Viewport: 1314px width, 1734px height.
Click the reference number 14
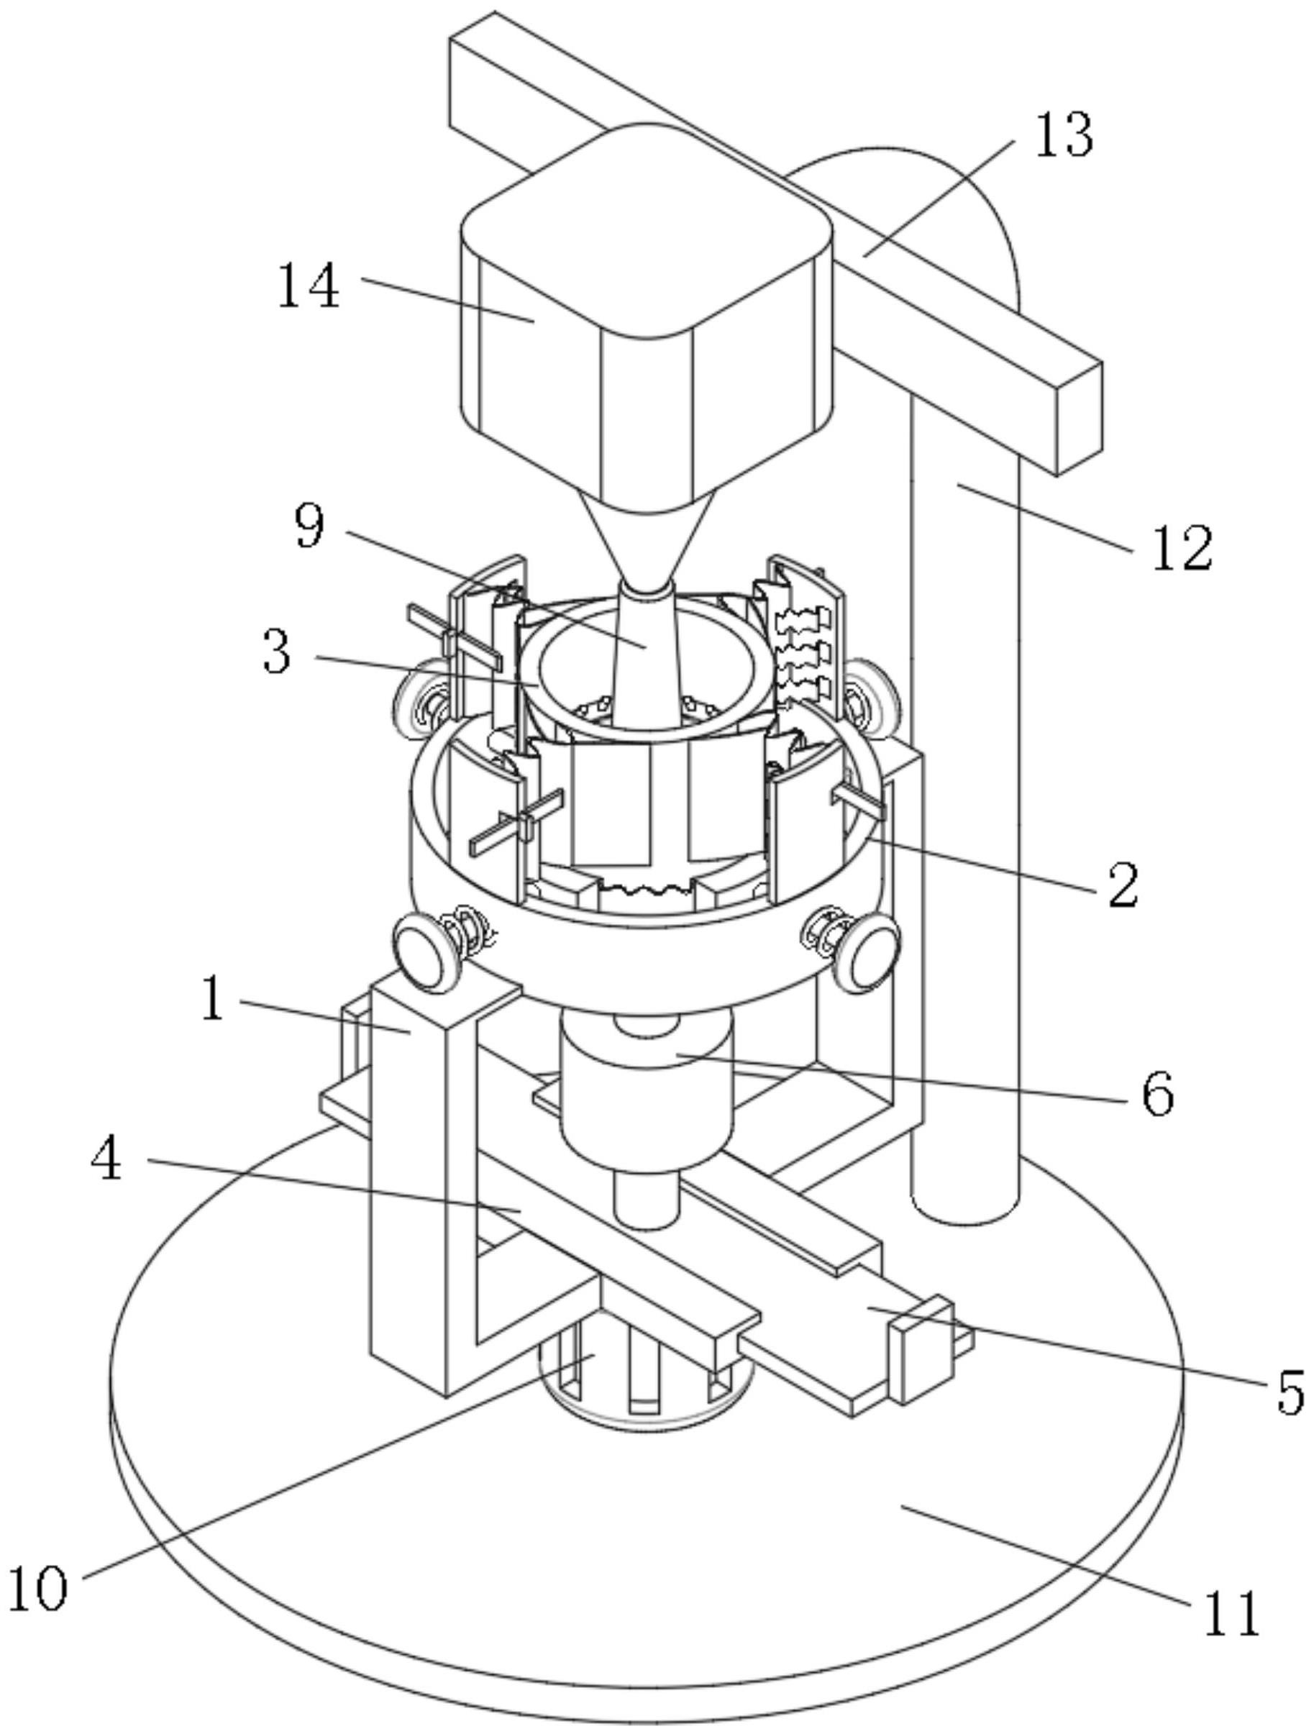pos(308,286)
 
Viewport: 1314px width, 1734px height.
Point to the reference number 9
pos(309,526)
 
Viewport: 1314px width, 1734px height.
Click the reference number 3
pos(277,652)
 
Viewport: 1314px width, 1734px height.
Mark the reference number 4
pos(106,1159)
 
